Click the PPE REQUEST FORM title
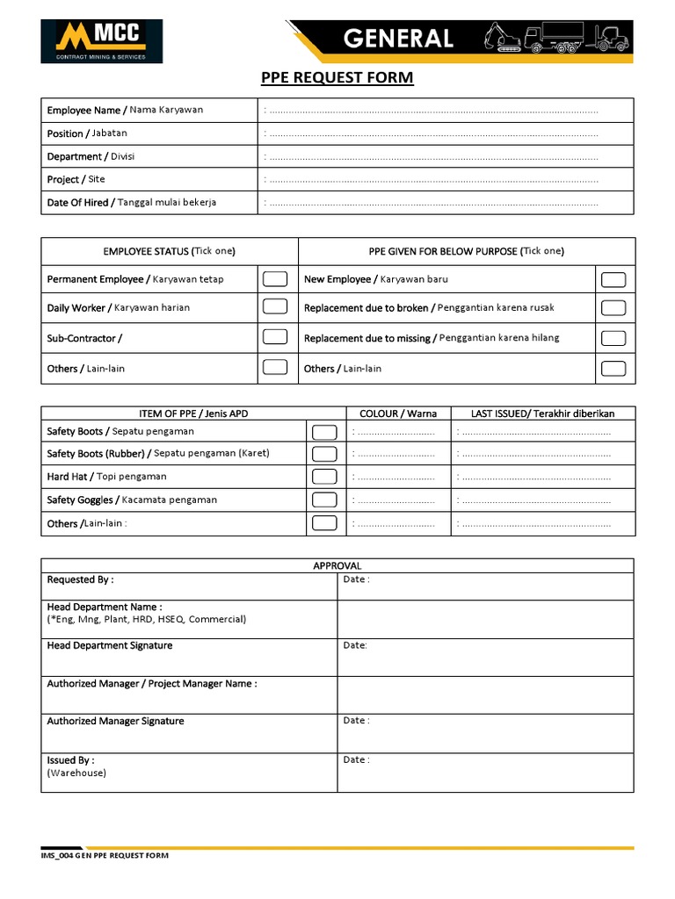pos(337,79)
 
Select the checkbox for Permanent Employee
pos(275,279)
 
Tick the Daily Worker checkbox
pos(275,307)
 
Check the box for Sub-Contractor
pos(275,337)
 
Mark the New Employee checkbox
pos(613,280)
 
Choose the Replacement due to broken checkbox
pos(613,308)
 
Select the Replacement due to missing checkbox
pos(613,338)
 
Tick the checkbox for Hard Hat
pos(324,477)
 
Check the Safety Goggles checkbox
pos(324,500)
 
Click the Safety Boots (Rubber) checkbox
pos(324,454)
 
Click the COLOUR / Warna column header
pos(398,414)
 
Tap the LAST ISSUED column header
pos(542,414)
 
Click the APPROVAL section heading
pos(337,566)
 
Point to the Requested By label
pos(80,579)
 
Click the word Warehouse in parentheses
pos(76,773)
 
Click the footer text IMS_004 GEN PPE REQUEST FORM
pos(105,855)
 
